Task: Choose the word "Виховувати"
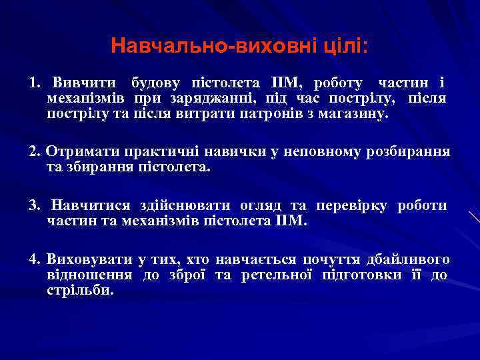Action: (x=88, y=259)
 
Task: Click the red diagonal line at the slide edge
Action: (x=474, y=217)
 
